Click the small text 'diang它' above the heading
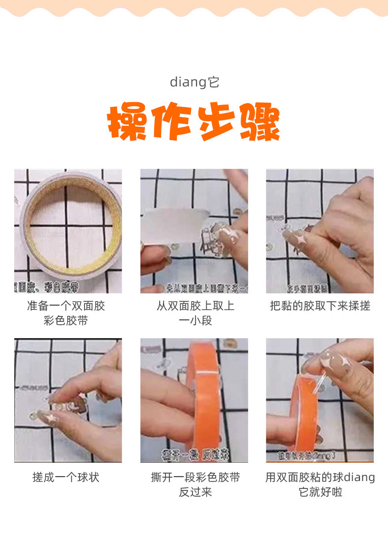pyautogui.click(x=194, y=82)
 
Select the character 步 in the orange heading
pyautogui.click(x=216, y=122)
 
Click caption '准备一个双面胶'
pyautogui.click(x=66, y=306)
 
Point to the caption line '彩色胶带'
pyautogui.click(x=66, y=321)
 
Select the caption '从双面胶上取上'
pyautogui.click(x=195, y=306)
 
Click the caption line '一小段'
pyautogui.click(x=195, y=321)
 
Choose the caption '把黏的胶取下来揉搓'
pyautogui.click(x=320, y=306)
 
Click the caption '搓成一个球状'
pyautogui.click(x=66, y=477)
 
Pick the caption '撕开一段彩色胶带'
pyautogui.click(x=195, y=477)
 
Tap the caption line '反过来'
pyautogui.click(x=195, y=492)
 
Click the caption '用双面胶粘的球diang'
pyautogui.click(x=320, y=477)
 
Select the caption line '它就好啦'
pyautogui.click(x=320, y=492)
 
